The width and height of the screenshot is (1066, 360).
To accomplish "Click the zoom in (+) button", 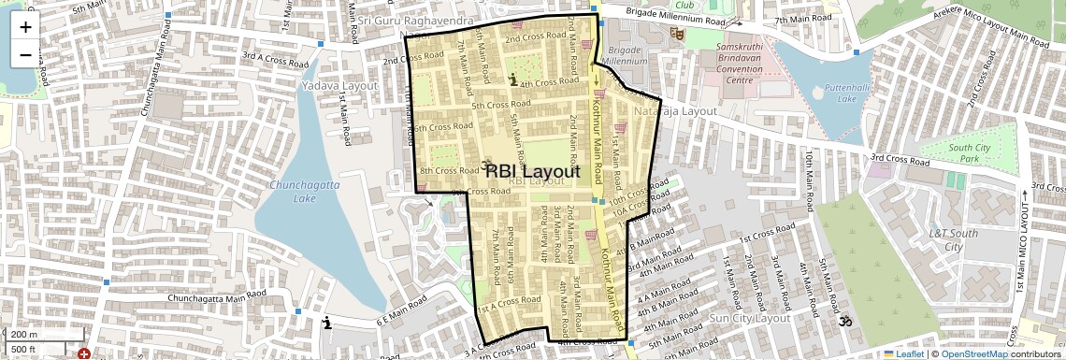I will coord(25,26).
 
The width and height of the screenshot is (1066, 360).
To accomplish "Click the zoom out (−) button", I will coord(25,54).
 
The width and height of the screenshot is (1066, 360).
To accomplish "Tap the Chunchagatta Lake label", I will coord(305,192).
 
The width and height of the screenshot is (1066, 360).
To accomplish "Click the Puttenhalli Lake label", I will coord(846,93).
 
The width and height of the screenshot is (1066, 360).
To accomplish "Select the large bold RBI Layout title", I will coord(533,171).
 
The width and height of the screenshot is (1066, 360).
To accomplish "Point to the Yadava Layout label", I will coord(339,85).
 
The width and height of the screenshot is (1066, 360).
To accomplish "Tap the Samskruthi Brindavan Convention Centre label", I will coord(740,63).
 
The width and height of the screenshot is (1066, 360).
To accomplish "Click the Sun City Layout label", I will coord(751,318).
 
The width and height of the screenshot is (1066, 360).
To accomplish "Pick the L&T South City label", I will coord(953,239).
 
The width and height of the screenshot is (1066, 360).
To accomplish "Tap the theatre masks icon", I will coord(677,34).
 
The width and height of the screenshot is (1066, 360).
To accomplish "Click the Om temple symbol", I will coord(845,322).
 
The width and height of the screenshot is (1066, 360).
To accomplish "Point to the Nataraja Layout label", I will coord(675,110).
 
